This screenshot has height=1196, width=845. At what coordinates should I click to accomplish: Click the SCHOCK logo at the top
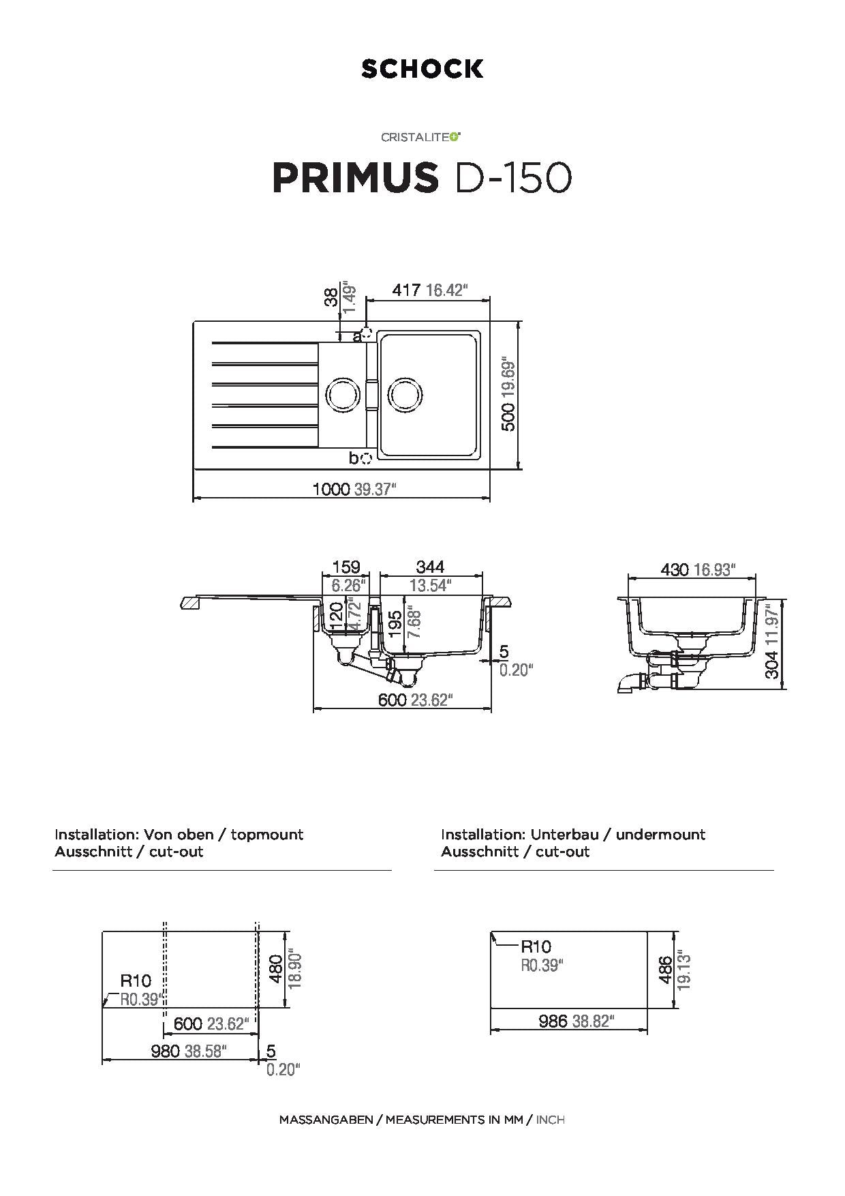click(x=422, y=69)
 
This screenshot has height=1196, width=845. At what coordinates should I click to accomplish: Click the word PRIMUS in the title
click(x=355, y=178)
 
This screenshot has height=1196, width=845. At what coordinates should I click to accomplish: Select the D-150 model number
click(x=512, y=178)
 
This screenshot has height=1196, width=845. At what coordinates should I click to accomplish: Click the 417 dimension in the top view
click(x=406, y=290)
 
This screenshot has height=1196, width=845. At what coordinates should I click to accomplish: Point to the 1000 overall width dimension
click(x=331, y=489)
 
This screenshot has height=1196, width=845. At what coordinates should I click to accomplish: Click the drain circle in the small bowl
click(x=341, y=395)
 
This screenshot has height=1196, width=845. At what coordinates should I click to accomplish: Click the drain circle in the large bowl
click(x=405, y=395)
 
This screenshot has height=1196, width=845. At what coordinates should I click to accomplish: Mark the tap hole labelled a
click(x=367, y=333)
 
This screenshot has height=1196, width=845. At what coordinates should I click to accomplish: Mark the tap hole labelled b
click(x=366, y=458)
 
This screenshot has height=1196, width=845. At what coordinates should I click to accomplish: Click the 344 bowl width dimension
click(x=430, y=567)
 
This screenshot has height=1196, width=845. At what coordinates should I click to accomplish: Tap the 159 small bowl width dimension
click(x=346, y=567)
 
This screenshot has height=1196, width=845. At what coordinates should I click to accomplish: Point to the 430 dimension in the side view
click(x=675, y=569)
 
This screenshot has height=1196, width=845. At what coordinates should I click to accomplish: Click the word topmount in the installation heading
click(x=267, y=834)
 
